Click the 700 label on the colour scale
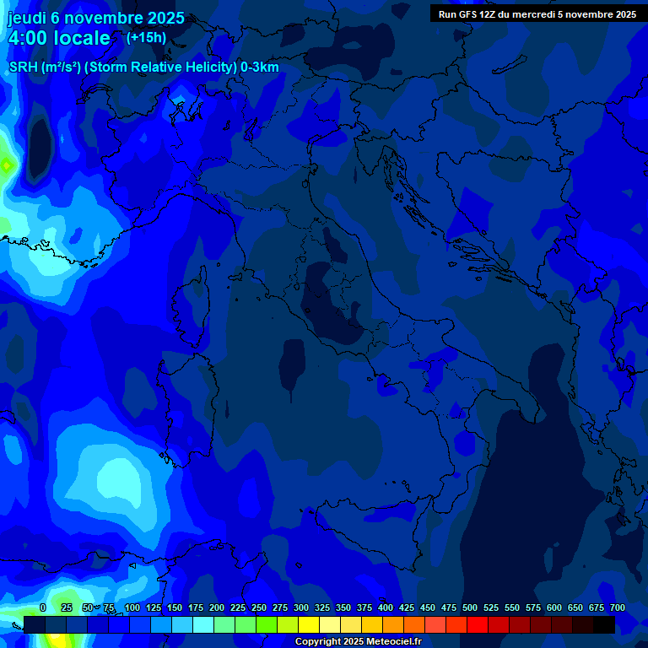click(x=618, y=607)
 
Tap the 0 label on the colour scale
click(x=43, y=607)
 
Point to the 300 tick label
click(x=301, y=607)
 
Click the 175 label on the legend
click(x=196, y=607)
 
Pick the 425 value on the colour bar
click(x=407, y=607)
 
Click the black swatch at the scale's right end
click(x=604, y=624)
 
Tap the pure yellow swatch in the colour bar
click(x=309, y=624)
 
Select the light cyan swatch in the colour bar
click(x=203, y=624)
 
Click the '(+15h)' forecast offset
click(x=146, y=37)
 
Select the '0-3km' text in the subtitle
click(x=259, y=67)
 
